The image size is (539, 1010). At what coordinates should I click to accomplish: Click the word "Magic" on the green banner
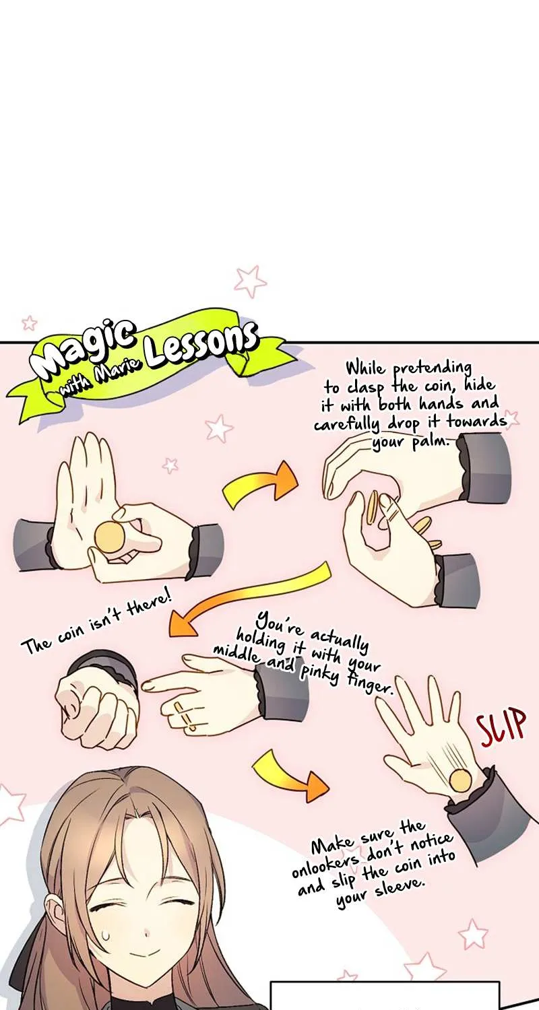coord(83,349)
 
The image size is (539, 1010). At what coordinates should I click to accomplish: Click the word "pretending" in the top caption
coord(433,370)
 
